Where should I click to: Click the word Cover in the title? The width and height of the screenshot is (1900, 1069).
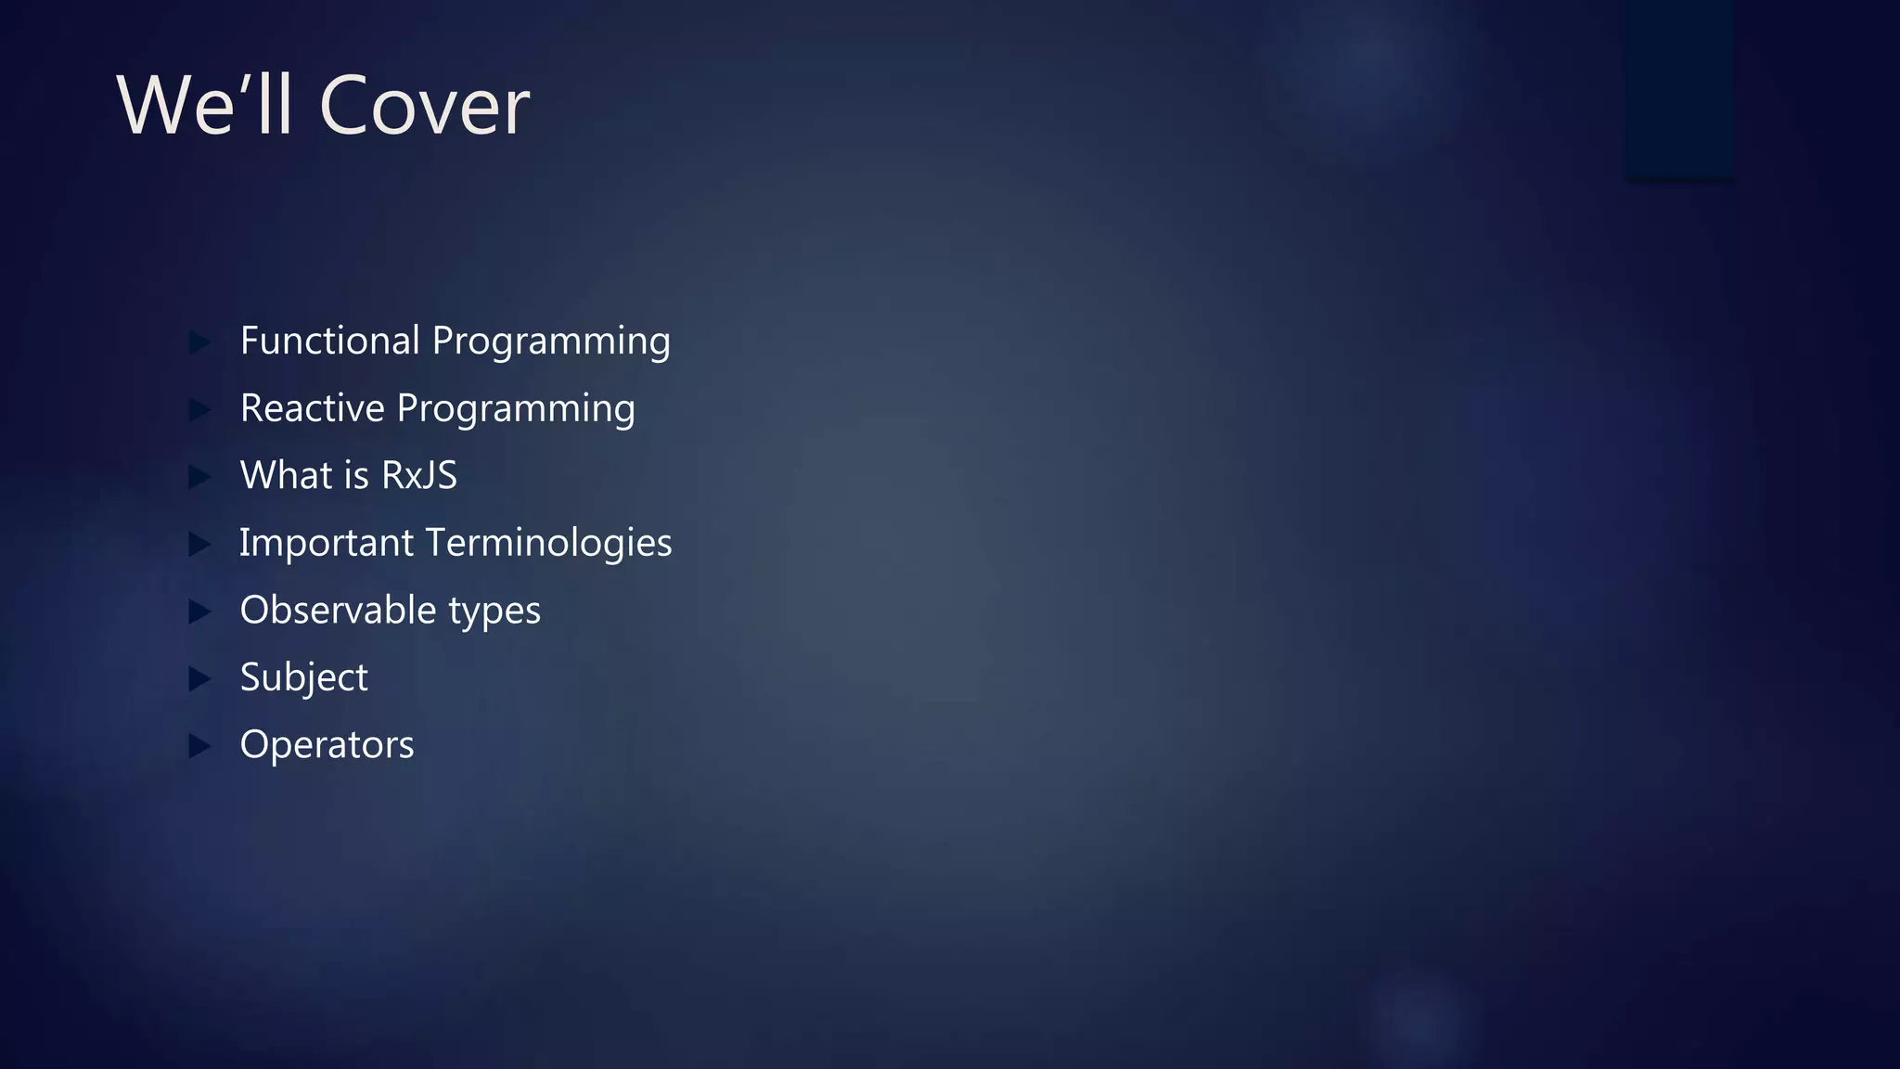424,106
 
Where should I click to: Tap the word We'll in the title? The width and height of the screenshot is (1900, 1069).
204,106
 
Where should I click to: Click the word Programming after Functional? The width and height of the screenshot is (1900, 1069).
551,342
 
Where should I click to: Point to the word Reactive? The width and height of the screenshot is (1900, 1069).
312,408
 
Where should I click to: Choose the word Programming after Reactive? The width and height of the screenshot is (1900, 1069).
516,410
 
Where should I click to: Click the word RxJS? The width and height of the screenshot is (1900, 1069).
419,476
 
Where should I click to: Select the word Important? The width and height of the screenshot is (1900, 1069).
327,544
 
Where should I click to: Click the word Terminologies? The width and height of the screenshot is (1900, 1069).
549,544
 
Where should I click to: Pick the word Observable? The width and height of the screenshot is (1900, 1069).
338,611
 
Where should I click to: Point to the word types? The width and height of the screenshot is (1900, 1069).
494,612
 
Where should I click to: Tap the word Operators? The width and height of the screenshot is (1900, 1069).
327,745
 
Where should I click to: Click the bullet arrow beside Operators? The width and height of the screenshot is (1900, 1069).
199,746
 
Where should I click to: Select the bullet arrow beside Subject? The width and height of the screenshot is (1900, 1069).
199,678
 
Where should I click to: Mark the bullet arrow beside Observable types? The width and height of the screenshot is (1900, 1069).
199,612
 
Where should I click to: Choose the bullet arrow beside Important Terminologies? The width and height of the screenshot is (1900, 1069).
199,544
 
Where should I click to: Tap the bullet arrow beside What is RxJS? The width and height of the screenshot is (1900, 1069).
199,477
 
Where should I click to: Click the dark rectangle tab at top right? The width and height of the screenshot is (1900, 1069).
1679,89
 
